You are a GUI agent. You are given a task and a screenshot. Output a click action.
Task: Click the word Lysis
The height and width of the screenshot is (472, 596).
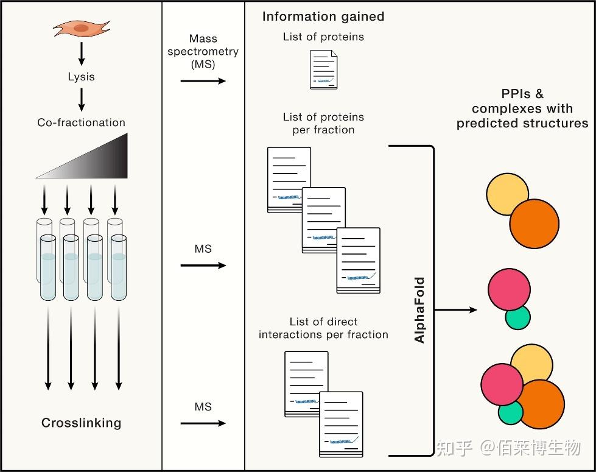[81, 77]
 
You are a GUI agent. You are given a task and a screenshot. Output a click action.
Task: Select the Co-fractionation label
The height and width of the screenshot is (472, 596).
[81, 122]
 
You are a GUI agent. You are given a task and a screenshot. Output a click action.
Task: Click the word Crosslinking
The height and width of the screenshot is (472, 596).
[81, 423]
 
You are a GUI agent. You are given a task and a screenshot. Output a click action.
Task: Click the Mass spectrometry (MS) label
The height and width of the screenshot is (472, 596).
[203, 52]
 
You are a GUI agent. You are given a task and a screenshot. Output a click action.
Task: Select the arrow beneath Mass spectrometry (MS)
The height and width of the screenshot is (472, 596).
[203, 80]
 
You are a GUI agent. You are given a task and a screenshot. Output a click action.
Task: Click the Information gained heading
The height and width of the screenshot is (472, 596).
[323, 16]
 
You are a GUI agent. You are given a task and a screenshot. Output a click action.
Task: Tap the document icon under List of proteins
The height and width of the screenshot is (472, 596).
[323, 70]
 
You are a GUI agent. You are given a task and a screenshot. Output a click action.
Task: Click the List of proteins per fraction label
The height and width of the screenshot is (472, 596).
[323, 123]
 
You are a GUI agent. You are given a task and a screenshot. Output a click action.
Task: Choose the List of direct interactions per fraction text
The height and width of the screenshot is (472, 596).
[323, 328]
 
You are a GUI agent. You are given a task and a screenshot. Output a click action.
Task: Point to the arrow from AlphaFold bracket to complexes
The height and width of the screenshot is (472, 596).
[456, 309]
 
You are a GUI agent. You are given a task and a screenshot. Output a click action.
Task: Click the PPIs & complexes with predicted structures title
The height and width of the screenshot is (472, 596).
[522, 108]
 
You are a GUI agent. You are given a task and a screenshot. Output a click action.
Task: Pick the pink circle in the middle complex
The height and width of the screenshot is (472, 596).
[508, 291]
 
